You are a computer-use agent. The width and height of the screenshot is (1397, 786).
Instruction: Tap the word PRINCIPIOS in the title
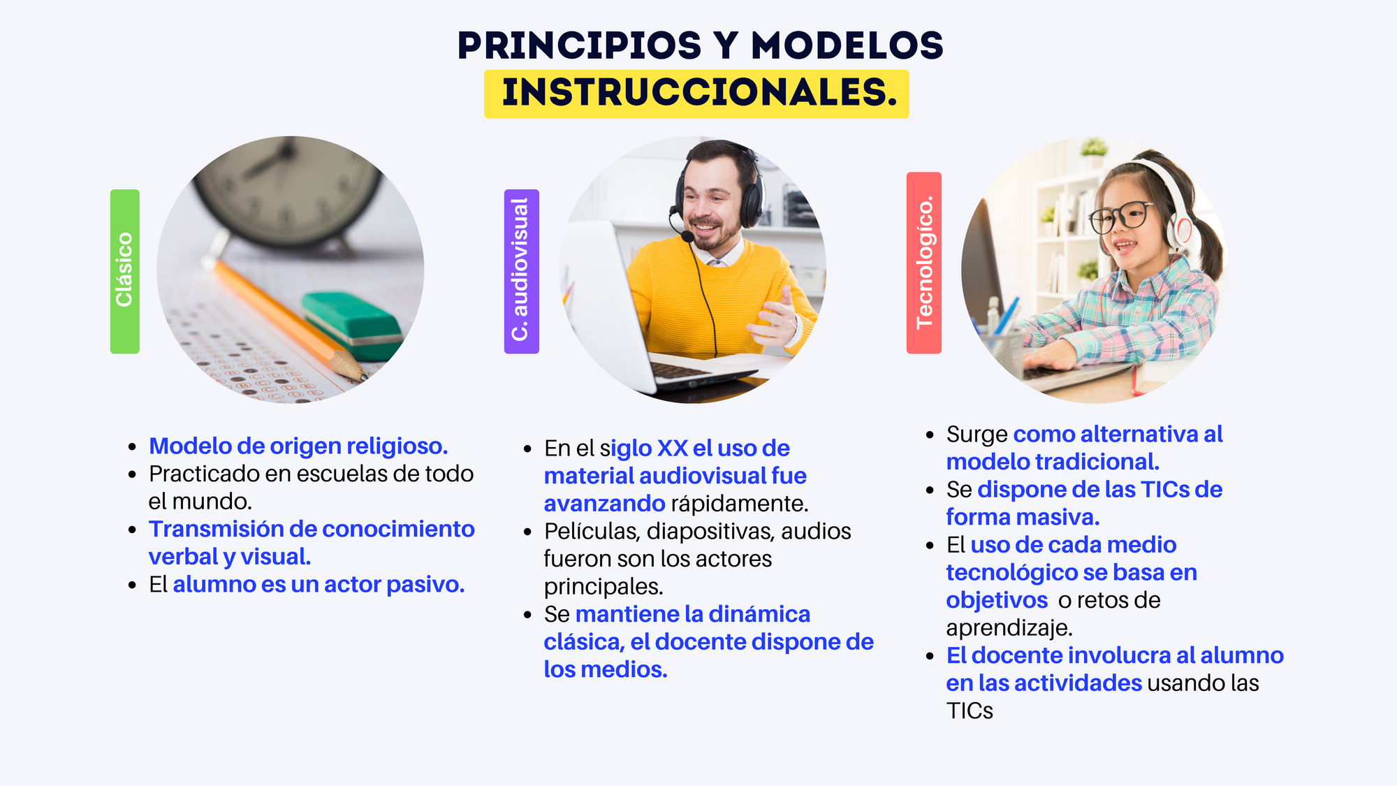[579, 46]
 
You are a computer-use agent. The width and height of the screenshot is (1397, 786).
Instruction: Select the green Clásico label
[124, 271]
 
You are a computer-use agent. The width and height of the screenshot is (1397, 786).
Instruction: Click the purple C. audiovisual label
[521, 271]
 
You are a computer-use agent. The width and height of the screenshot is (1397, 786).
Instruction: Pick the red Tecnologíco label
[923, 263]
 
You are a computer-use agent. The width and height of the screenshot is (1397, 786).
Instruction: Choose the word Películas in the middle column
[592, 532]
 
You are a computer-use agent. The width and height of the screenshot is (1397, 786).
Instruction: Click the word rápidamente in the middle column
[739, 504]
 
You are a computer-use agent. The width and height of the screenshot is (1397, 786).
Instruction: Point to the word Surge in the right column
[977, 435]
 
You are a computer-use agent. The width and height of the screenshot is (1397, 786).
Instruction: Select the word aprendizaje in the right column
[1009, 628]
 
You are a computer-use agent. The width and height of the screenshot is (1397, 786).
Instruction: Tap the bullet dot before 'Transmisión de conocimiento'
[132, 530]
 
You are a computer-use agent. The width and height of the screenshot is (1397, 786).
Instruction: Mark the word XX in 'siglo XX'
[672, 449]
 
